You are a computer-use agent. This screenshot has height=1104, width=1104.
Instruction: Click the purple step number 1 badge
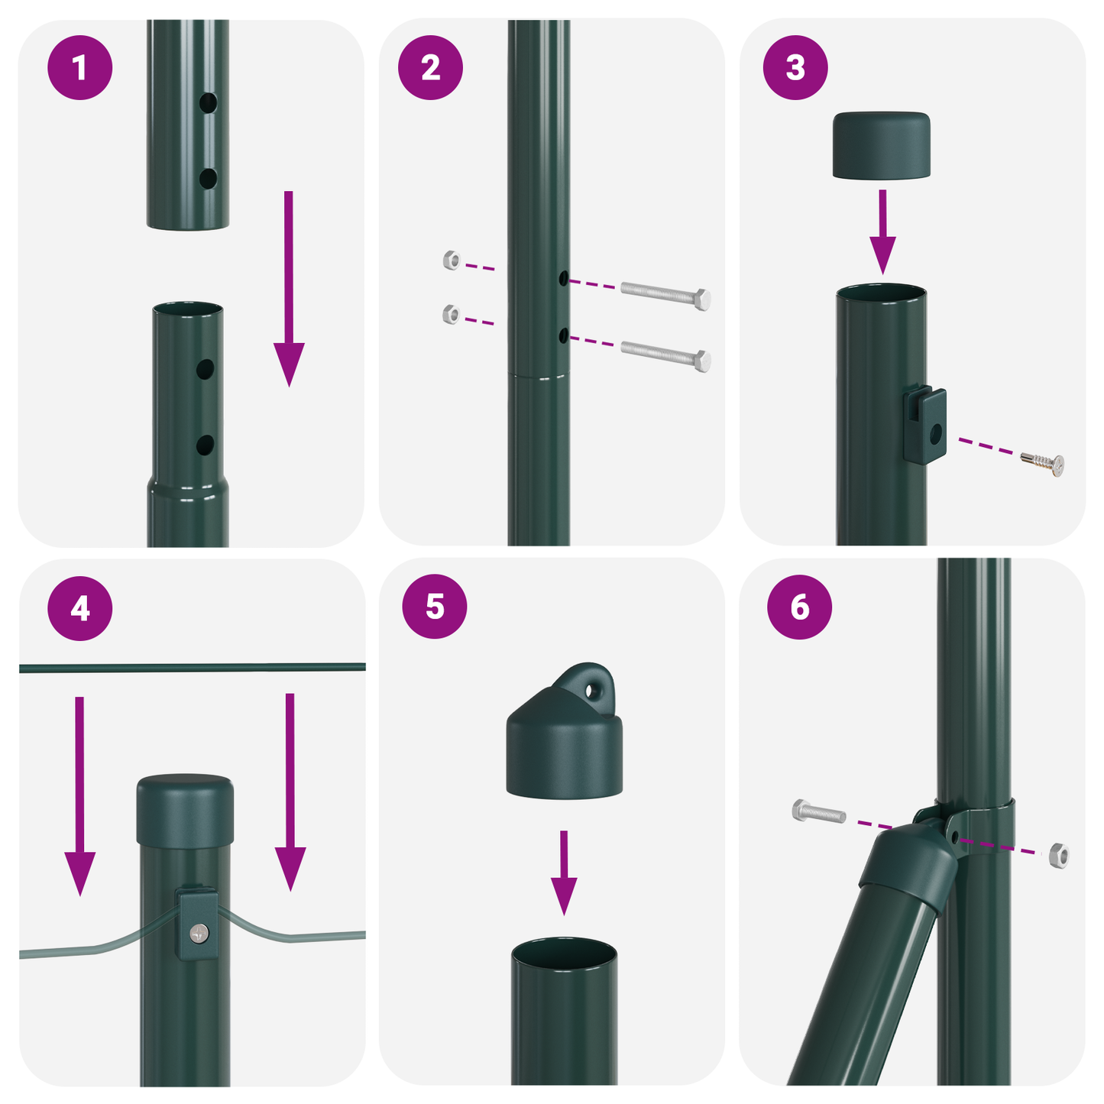click(79, 67)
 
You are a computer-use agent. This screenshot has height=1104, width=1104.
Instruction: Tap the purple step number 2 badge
click(430, 67)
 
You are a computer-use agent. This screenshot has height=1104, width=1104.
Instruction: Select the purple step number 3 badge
click(795, 67)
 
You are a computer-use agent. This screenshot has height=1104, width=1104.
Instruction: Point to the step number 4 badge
click(79, 608)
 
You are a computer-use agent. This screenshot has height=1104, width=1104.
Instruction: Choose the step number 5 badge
click(434, 607)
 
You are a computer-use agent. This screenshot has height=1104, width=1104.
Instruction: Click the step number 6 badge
click(799, 607)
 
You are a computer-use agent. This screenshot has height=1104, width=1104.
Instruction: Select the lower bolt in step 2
click(665, 355)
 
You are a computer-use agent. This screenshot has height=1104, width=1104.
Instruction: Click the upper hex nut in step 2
click(452, 261)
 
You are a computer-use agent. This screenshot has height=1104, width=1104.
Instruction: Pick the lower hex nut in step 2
click(452, 314)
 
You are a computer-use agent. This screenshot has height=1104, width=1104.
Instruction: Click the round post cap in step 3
click(881, 145)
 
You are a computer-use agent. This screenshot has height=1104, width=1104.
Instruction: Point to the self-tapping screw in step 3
click(1044, 462)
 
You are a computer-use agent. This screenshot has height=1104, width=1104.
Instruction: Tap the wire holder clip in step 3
click(925, 426)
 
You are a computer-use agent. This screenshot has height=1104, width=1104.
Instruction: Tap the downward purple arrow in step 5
click(564, 872)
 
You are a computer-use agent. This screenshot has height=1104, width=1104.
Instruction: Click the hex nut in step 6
click(1058, 856)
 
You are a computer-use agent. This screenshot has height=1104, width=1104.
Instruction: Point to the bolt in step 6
click(819, 812)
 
